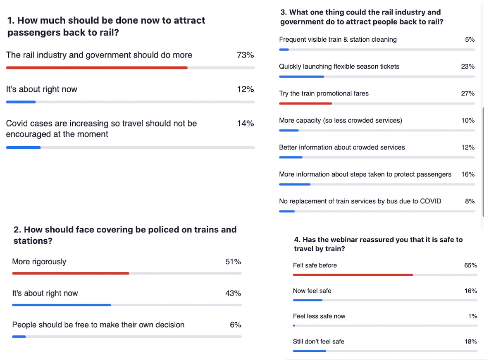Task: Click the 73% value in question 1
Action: point(245,55)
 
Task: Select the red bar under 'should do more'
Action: point(96,67)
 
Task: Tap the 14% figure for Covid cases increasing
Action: point(245,123)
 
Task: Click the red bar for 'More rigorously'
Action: point(70,273)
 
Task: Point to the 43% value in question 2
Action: point(233,293)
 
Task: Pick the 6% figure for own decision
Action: point(235,325)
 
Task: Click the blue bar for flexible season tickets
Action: point(301,76)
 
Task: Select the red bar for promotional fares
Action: point(305,103)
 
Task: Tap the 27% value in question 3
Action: point(467,93)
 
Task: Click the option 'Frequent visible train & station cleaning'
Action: point(338,40)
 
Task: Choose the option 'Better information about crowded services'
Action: point(342,148)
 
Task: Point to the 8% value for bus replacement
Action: point(470,201)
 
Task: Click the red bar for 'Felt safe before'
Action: point(353,275)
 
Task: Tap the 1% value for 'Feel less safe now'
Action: point(472,316)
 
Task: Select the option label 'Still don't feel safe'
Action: point(318,342)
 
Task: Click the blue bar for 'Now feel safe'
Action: point(308,300)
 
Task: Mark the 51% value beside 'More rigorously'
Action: point(233,262)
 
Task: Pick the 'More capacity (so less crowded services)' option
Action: point(340,121)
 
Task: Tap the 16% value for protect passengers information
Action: point(467,174)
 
